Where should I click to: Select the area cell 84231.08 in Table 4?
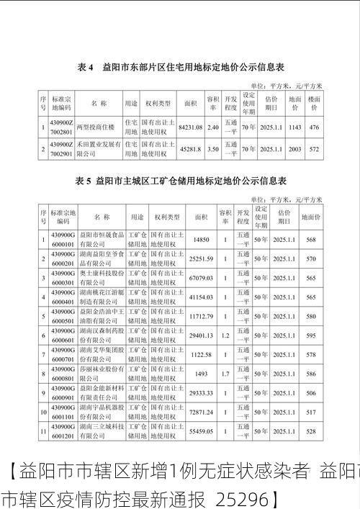[191, 127]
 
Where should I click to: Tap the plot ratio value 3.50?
[213, 149]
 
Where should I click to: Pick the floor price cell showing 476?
[313, 127]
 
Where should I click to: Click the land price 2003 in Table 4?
[294, 149]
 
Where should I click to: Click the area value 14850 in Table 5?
[201, 239]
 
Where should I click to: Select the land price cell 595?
[310, 335]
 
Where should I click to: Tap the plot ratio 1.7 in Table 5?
[225, 374]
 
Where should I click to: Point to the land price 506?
[310, 393]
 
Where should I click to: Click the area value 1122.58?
[201, 355]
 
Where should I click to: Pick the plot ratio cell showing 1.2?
[225, 335]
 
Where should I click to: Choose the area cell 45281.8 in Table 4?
[191, 149]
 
